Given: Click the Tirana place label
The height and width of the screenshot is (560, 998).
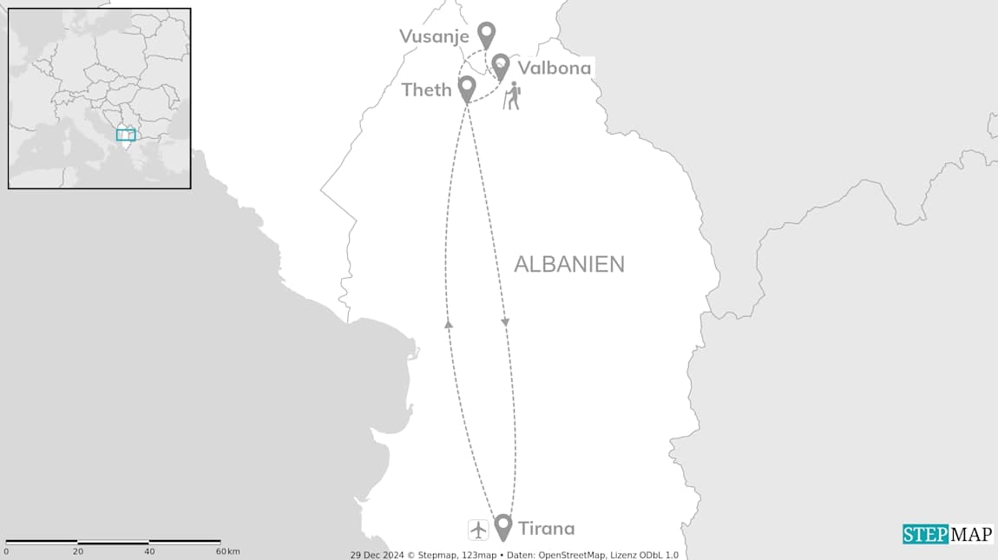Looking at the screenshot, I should point(546,528).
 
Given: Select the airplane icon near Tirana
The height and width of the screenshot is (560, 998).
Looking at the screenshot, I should point(478,529).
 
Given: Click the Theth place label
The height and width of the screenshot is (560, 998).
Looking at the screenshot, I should point(426,89).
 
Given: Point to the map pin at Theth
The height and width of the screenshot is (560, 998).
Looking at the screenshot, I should point(467,88).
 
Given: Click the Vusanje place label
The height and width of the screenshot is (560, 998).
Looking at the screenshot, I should point(434,36).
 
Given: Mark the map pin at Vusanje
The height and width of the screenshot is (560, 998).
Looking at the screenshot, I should point(487,34).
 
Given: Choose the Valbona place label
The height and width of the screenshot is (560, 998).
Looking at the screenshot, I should point(554,68).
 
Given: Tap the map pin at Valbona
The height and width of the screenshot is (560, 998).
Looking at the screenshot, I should point(501,65).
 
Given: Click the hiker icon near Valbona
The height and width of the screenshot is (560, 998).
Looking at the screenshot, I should point(513,96).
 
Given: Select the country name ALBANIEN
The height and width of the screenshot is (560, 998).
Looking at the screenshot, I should point(568,264).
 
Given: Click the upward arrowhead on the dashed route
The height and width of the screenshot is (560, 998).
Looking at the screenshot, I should point(449,323).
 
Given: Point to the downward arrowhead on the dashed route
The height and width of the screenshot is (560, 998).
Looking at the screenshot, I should point(505,323).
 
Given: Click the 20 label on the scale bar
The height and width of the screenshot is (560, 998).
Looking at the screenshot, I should point(78,551).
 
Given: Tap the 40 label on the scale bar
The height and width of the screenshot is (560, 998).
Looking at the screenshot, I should point(149,551).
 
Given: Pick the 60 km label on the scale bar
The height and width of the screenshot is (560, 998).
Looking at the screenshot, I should point(228,551).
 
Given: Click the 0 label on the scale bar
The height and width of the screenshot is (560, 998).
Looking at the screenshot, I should point(6,551).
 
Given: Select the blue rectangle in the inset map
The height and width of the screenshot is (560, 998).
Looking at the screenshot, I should point(126,135).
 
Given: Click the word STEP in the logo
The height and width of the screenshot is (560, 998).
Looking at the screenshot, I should point(925,534).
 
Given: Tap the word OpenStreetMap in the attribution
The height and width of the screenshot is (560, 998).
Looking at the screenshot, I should point(574,555).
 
